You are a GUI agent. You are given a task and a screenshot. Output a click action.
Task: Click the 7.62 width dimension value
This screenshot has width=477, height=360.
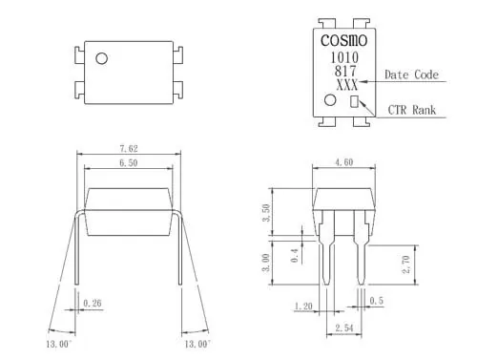coord(129,148)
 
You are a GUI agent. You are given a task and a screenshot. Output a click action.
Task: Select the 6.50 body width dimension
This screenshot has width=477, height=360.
coord(129,163)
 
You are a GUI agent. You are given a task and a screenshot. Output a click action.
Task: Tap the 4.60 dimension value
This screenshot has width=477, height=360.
coord(344,162)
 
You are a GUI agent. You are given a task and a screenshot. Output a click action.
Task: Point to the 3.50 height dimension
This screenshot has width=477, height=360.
coord(266,213)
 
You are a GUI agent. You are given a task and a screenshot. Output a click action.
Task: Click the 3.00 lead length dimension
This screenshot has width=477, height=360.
coord(266,263)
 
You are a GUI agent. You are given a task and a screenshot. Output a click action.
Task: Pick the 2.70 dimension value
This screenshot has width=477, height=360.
coord(406,265)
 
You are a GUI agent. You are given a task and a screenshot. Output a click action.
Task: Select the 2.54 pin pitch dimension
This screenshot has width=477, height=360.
coord(344,328)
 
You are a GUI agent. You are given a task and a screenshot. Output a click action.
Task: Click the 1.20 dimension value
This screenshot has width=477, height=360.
coord(303,307)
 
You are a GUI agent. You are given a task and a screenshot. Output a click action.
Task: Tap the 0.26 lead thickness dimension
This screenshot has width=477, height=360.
coord(93,303)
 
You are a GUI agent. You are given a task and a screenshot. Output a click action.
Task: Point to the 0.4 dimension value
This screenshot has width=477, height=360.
coord(295,256)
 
